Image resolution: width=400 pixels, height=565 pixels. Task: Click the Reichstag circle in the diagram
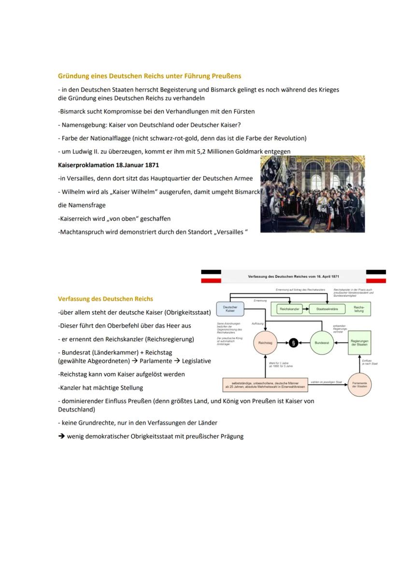(x=265, y=343)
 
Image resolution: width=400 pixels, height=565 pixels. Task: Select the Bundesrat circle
(x=322, y=343)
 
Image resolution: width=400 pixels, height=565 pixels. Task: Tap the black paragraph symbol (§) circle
(x=293, y=343)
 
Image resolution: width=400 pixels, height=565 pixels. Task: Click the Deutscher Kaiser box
(x=230, y=309)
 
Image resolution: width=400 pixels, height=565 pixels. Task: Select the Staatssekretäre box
(x=327, y=309)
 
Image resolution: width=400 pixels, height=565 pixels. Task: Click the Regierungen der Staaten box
(x=359, y=343)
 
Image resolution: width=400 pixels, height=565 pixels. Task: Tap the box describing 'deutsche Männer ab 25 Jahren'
(x=265, y=385)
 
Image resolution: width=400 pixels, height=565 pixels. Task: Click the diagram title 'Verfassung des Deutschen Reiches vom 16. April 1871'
(x=293, y=276)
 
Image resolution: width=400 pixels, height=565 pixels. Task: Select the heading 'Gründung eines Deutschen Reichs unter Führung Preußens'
(x=149, y=76)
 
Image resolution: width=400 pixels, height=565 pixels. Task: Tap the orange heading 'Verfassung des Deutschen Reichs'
(x=105, y=299)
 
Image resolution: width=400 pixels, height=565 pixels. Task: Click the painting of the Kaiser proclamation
(x=313, y=194)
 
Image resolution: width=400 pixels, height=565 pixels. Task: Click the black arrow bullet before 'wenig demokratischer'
(x=61, y=436)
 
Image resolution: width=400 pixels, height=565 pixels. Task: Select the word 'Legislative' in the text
(x=196, y=360)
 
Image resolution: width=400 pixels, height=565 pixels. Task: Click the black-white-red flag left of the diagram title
(x=211, y=276)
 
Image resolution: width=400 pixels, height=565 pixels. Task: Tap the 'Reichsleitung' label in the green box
(x=359, y=309)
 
